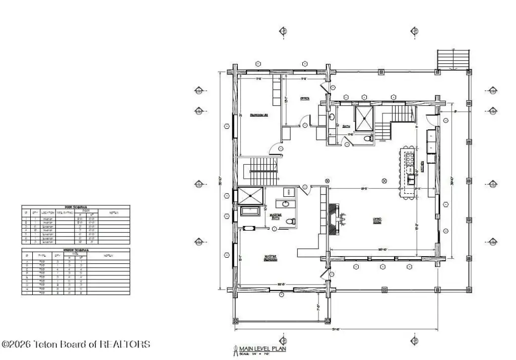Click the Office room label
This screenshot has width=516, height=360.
[x=304, y=98]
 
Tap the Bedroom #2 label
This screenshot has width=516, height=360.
[x=259, y=115]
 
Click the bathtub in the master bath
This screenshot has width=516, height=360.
[x=250, y=211]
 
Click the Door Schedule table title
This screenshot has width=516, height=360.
[x=76, y=207]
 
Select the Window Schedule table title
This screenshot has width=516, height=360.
[x=76, y=249]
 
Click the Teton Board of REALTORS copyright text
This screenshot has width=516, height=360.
[x=76, y=344]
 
